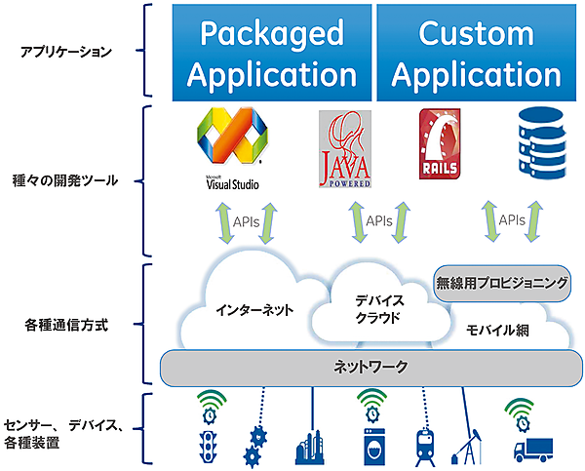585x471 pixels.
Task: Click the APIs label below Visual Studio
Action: (247, 221)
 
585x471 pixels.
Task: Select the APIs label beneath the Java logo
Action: (378, 221)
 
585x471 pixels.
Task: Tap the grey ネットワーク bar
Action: (370, 367)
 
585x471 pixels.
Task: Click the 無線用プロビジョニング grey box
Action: (500, 284)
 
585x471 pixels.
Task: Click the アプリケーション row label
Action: (65, 52)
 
